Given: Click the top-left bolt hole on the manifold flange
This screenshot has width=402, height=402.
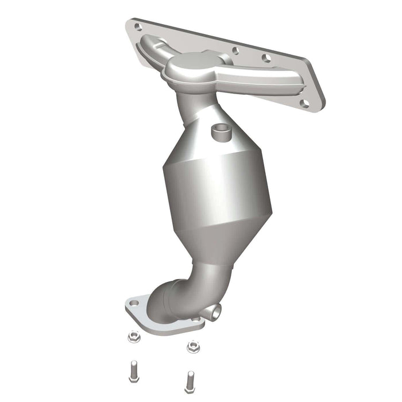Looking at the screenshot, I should coord(137,26).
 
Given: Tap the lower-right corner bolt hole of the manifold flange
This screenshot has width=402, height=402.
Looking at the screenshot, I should coord(304,104).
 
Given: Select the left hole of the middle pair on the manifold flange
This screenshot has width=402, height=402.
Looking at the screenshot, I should coord(235,50).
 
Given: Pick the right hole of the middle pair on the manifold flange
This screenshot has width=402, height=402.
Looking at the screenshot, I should coord(265,58).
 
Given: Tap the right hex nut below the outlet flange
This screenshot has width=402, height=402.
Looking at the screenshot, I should coord(192,346).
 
